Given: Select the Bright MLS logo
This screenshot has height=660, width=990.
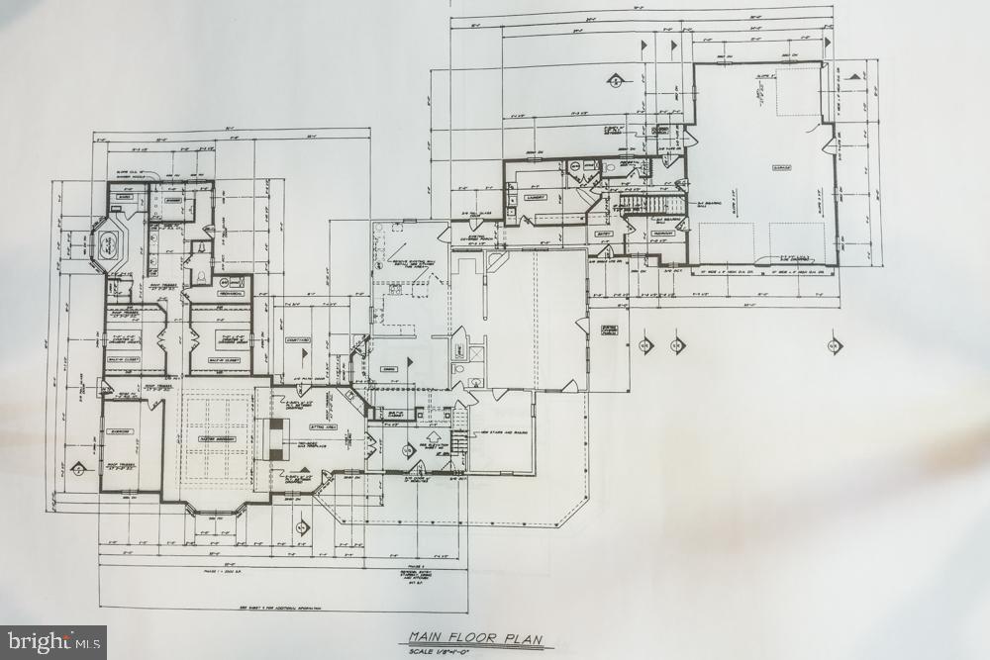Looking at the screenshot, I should coord(53,642).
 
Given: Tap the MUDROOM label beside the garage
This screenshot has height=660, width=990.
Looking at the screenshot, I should coord(663,234).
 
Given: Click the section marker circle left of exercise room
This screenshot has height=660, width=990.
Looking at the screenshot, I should coord(78,470).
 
